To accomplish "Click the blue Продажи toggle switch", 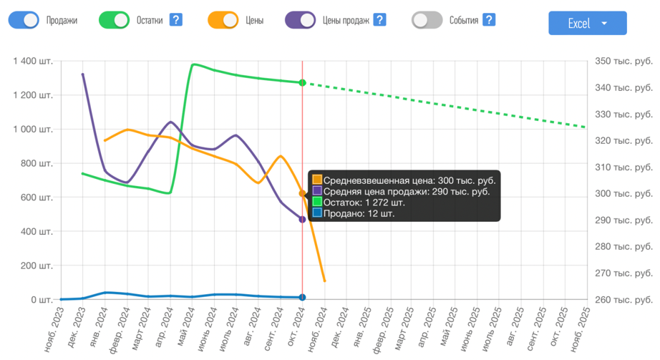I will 24,20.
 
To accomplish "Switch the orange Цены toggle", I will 223,20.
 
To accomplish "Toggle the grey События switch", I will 427,20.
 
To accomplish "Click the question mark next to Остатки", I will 176,20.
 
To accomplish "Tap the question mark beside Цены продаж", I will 380,20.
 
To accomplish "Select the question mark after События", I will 489,20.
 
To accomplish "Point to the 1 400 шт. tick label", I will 33,62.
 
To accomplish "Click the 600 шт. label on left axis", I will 36,198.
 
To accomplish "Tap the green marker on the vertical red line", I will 303,83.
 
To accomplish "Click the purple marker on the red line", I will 303,220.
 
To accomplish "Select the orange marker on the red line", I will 303,193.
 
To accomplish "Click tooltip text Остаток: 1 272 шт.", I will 364,203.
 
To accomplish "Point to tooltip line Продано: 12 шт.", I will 359,213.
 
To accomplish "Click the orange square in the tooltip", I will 317,180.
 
